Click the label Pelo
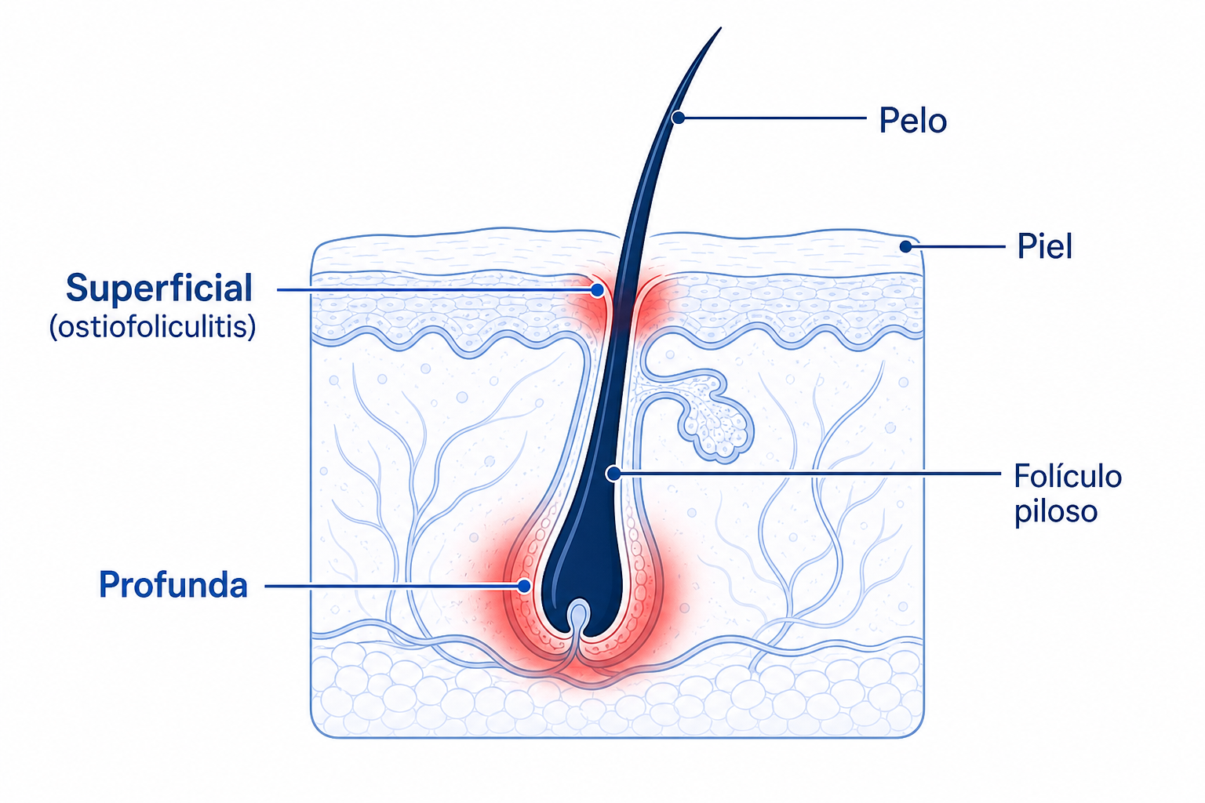913,120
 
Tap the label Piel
1045,246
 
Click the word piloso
1056,511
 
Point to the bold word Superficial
158,288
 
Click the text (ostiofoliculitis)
153,326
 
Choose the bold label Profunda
173,585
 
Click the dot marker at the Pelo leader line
679,118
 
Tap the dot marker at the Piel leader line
906,247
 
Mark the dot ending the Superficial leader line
597,290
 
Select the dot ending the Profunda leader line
524,586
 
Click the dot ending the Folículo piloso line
613,474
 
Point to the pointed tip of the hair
721,28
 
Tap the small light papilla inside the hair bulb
578,616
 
